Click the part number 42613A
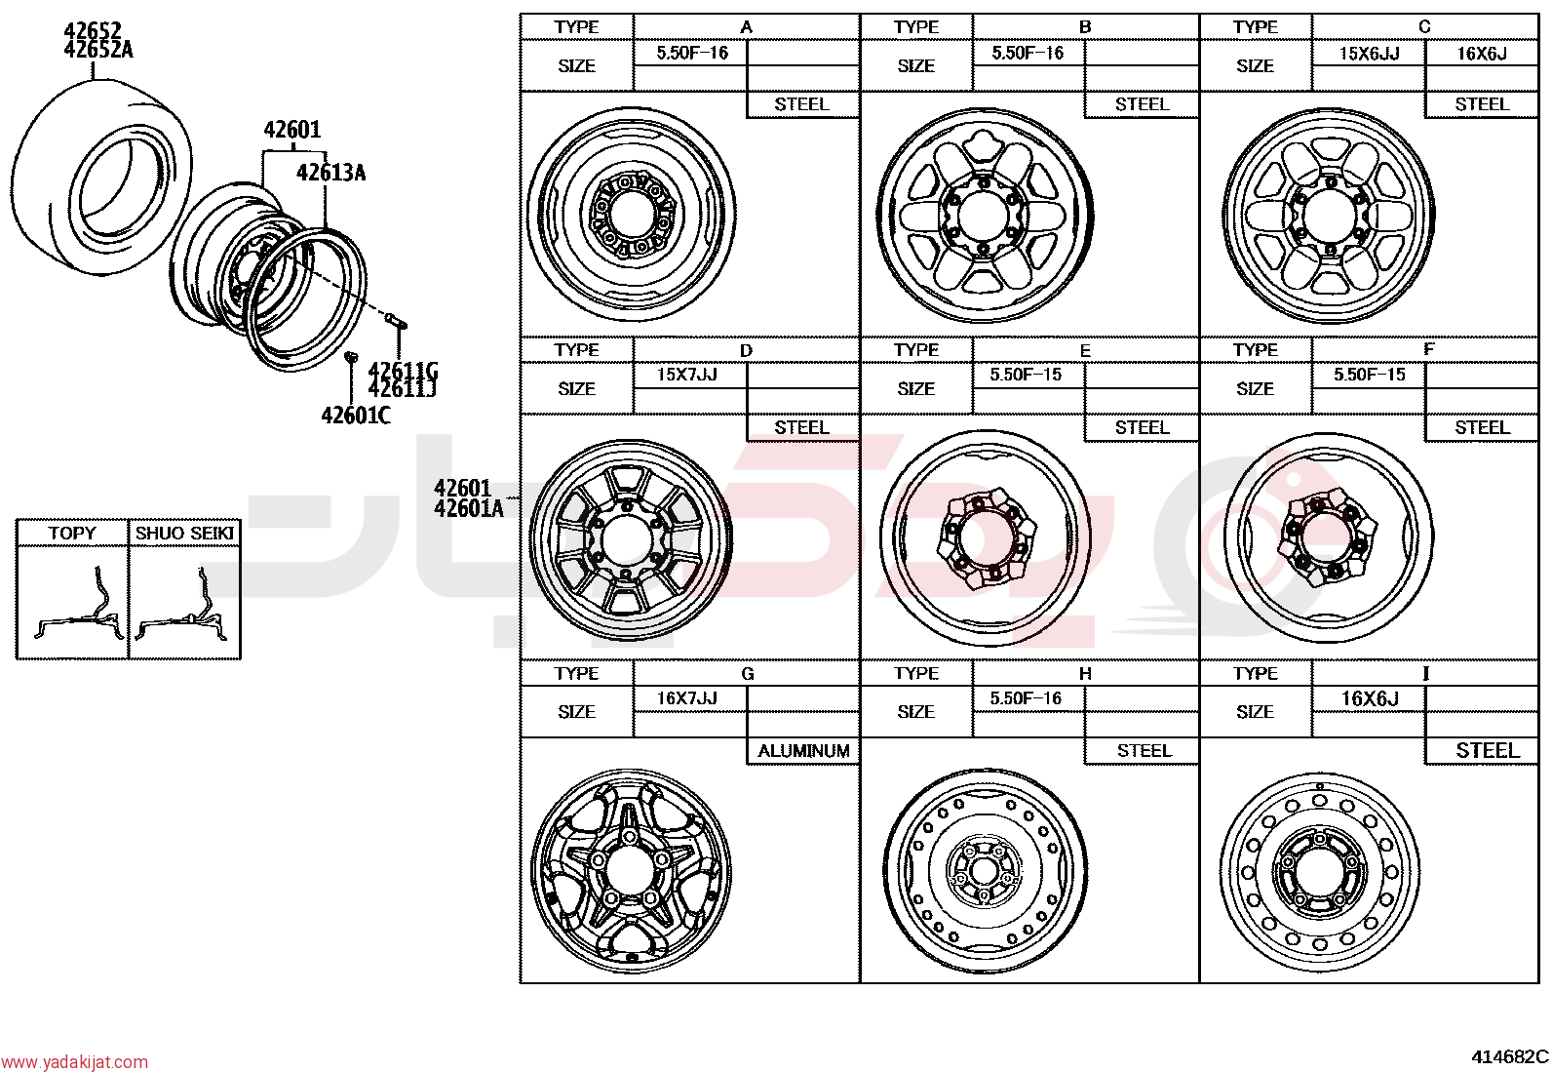pos(330,172)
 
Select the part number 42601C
pos(356,416)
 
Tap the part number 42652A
pos(98,50)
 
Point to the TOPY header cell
pos(72,533)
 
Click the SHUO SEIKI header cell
pos(184,533)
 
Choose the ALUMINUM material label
pos(803,751)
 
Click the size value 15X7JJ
pos(686,376)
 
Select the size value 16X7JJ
pos(686,698)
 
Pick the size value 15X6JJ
pos(1369,54)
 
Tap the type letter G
pos(747,674)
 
